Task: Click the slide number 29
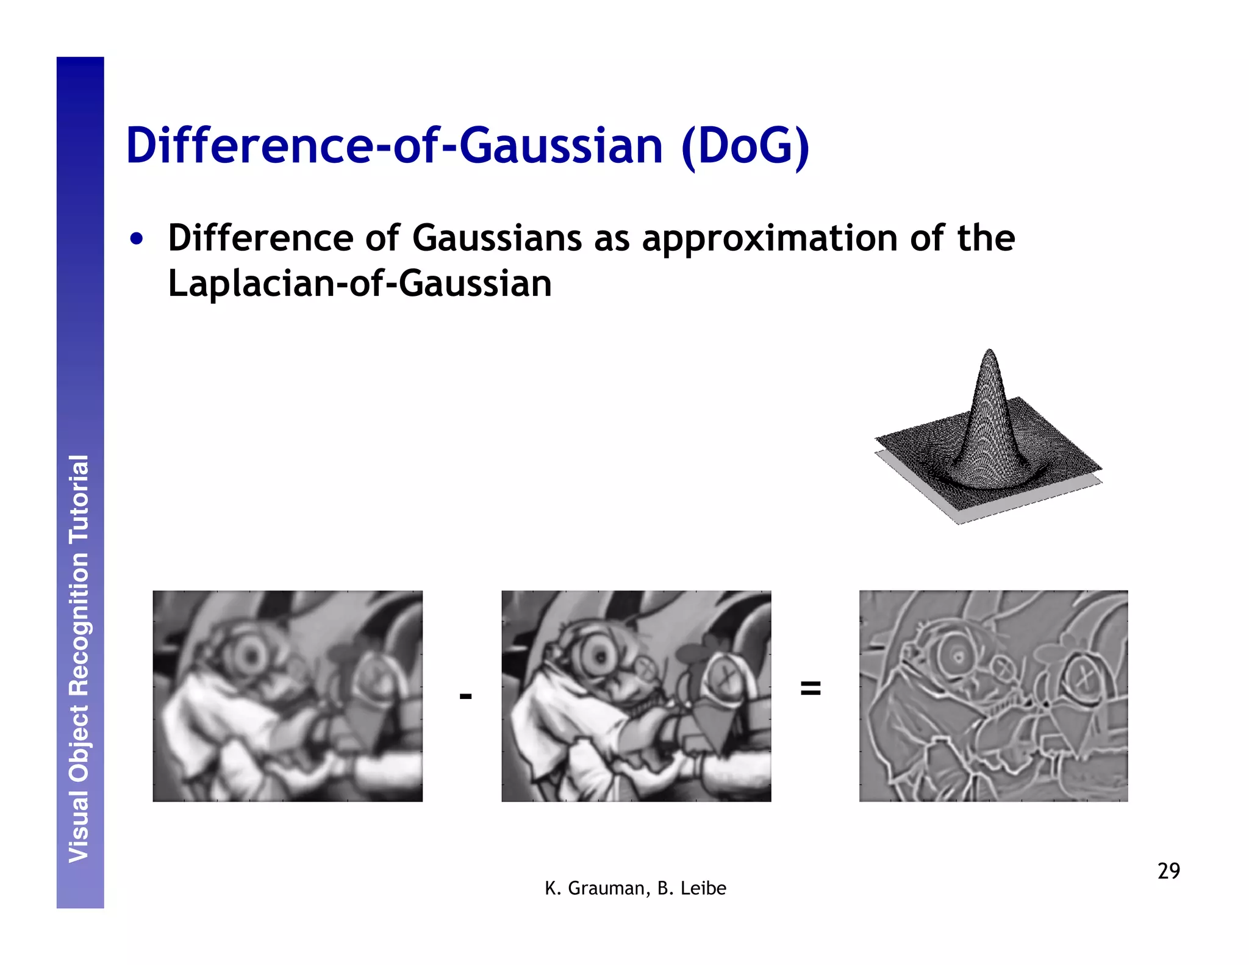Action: coord(1168,870)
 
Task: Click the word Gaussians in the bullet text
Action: coord(496,238)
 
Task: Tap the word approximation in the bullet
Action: coord(770,239)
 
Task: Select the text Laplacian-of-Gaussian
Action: coord(360,284)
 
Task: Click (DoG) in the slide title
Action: coord(745,146)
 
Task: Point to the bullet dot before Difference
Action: coord(137,239)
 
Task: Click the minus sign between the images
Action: coord(465,696)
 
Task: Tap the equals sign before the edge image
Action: coord(810,688)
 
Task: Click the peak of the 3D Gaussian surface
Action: coord(989,353)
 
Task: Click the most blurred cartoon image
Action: coord(287,696)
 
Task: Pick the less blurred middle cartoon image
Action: coord(636,696)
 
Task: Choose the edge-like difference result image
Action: coord(993,696)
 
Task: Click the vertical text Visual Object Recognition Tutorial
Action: coord(79,659)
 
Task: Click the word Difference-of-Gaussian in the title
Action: coord(394,146)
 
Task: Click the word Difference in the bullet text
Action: coord(260,238)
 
